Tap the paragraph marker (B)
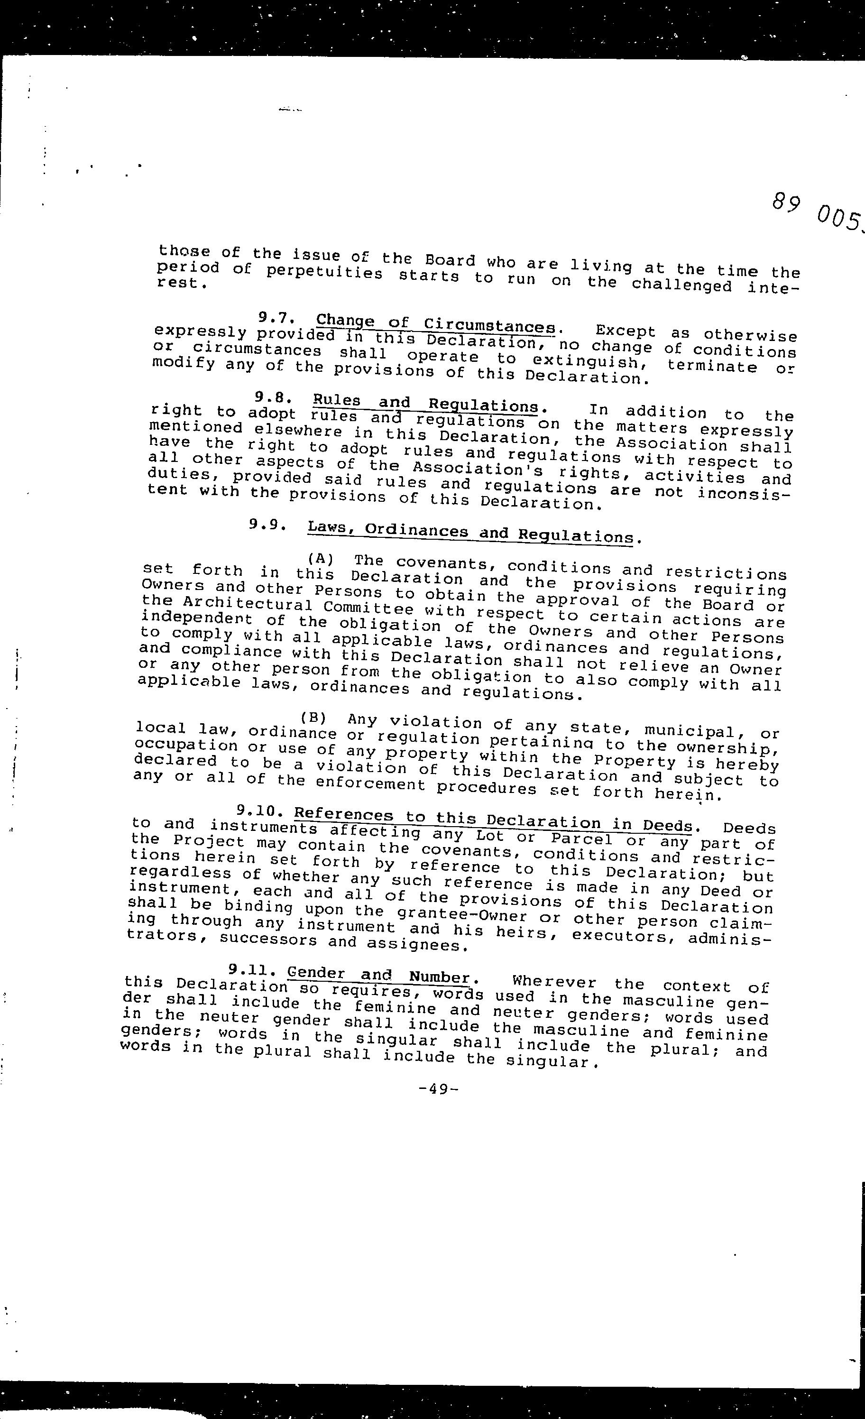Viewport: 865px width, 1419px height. [x=314, y=718]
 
